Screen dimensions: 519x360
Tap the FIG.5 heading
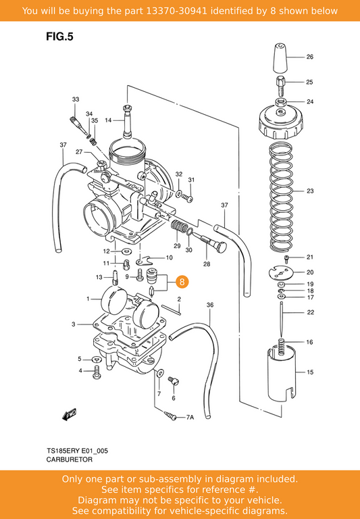tap(59, 37)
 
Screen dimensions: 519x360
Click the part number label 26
tap(309, 57)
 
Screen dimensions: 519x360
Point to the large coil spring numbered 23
tap(280, 196)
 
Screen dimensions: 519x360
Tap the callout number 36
tap(209, 305)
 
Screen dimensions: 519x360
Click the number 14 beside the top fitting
tap(108, 120)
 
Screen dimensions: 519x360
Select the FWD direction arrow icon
tap(69, 414)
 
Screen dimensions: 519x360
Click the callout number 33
tap(76, 99)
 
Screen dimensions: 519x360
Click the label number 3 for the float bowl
tap(73, 325)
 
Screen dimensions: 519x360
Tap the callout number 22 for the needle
tap(309, 312)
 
